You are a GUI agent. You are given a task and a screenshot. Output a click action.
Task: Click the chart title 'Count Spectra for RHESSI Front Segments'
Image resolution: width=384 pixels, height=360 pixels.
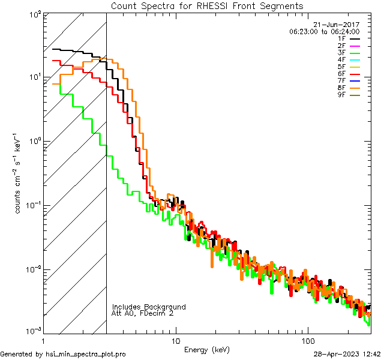click(x=207, y=5)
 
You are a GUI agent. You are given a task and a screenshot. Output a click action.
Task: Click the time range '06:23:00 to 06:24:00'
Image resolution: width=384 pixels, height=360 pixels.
click(x=324, y=31)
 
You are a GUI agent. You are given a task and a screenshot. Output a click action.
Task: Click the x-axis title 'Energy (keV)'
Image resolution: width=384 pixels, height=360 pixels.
click(x=207, y=349)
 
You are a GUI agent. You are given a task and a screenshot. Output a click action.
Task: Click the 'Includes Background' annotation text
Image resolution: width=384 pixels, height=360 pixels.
click(x=149, y=307)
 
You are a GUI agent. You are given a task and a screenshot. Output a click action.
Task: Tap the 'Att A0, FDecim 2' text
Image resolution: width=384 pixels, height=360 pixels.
click(x=143, y=313)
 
